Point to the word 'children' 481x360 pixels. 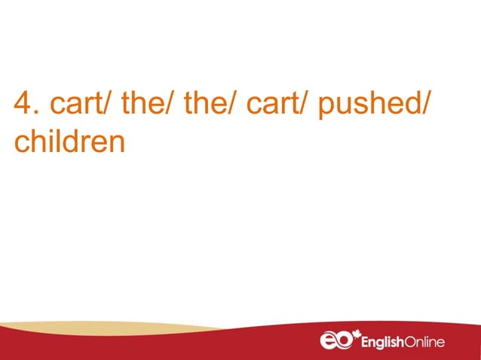click(x=69, y=141)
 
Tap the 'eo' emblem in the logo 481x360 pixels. click(x=335, y=342)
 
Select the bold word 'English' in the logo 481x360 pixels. click(x=386, y=343)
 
